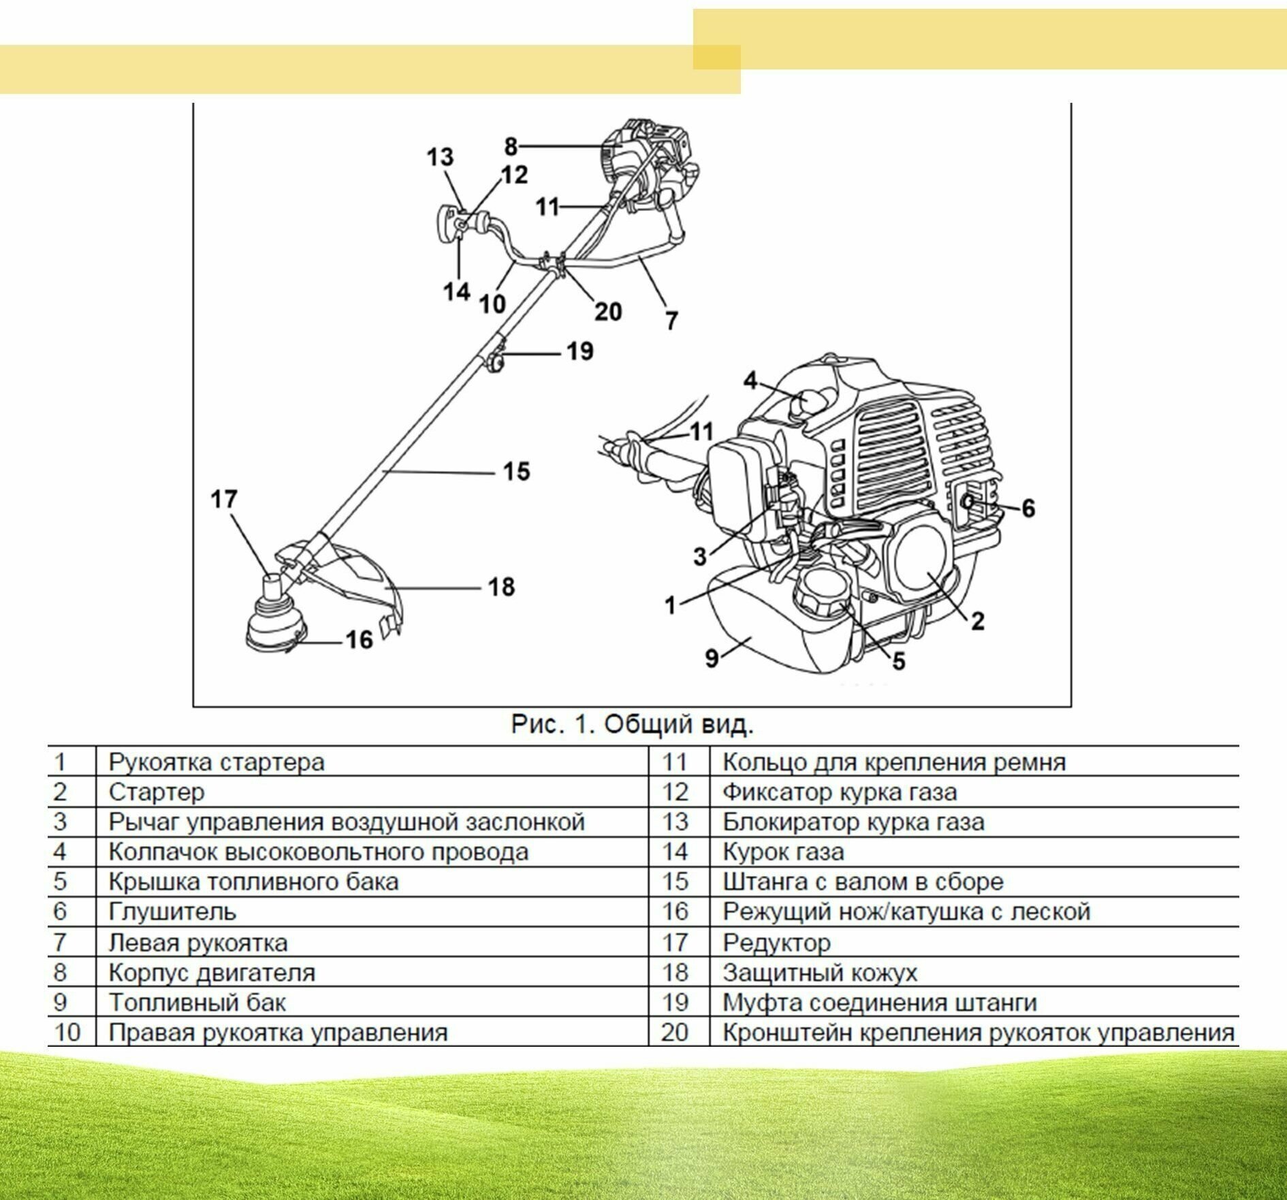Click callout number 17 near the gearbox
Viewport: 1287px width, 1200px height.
224,499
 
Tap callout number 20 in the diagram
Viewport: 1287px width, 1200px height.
608,311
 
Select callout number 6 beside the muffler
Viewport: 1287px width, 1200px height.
1028,508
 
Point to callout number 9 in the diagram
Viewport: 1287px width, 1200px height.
712,658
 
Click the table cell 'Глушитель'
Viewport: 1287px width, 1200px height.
172,911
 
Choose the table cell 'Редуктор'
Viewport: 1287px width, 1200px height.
776,942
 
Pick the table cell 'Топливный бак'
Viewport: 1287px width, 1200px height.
197,1002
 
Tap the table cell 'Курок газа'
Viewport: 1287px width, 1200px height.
782,852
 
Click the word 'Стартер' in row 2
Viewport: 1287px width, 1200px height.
156,792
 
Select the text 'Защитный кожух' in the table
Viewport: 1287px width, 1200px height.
819,972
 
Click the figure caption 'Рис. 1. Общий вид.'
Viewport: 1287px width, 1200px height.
632,724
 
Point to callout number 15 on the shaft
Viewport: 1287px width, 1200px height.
516,471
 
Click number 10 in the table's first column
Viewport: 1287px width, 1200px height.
67,1032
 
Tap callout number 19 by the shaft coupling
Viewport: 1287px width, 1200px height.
580,351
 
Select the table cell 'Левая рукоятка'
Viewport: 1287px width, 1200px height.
197,943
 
